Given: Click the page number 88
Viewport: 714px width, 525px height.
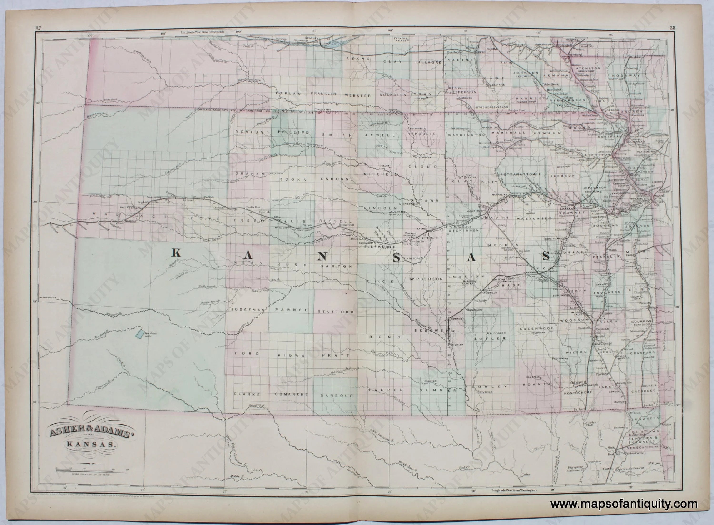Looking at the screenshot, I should click(x=672, y=28).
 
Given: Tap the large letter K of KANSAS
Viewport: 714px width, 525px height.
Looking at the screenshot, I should click(x=176, y=253).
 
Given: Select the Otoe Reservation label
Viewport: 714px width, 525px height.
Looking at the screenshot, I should click(x=491, y=107).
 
